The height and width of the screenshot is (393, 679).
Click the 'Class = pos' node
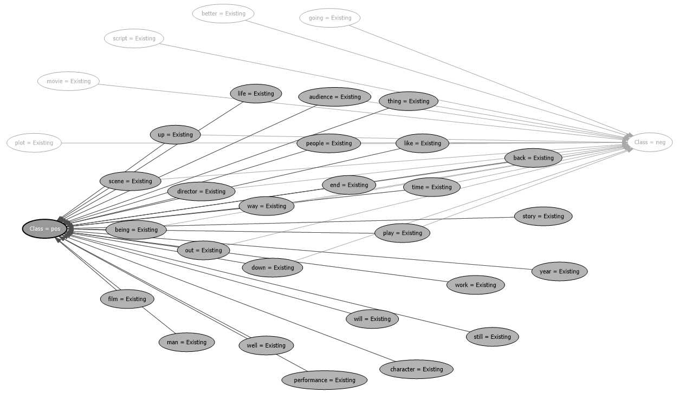click(44, 229)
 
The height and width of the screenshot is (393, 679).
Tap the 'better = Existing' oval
click(223, 14)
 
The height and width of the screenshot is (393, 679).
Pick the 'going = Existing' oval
click(330, 18)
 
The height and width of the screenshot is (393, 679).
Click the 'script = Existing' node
click(134, 38)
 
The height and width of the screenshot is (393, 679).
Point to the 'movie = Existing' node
click(69, 81)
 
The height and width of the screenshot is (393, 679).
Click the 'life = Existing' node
click(256, 94)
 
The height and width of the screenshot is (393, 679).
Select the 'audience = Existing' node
click(334, 97)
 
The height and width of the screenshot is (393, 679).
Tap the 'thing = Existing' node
click(408, 101)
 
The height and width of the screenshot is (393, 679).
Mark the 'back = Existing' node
click(533, 158)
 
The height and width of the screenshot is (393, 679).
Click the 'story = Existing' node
click(543, 216)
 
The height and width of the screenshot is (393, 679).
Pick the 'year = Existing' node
click(559, 271)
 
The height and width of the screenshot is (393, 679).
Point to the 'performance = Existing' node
click(325, 380)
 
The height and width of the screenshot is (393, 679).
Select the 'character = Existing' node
click(417, 369)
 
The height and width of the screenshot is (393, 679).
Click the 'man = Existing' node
click(186, 342)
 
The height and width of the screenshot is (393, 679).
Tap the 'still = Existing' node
click(492, 337)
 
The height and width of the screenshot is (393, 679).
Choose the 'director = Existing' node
click(201, 191)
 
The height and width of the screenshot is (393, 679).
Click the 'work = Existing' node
click(475, 285)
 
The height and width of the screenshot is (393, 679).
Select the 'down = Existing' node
click(273, 267)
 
